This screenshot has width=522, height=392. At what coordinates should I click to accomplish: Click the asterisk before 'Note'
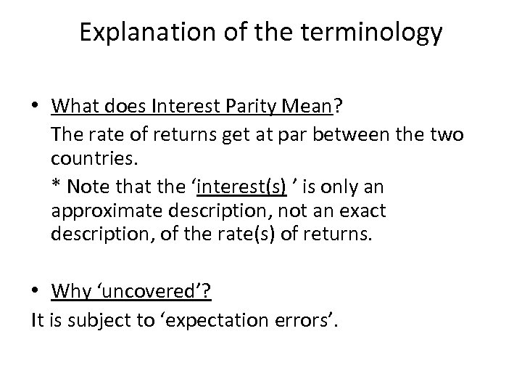point(57,186)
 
